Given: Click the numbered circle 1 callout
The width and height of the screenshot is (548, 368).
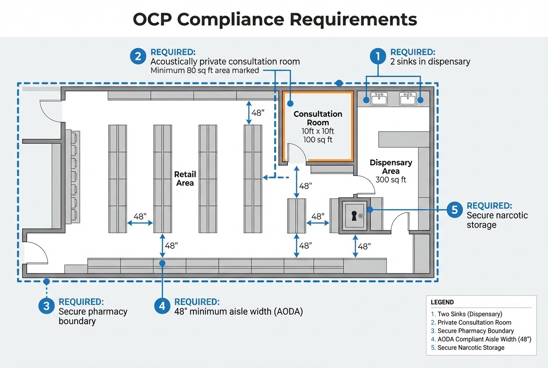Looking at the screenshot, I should point(378,56).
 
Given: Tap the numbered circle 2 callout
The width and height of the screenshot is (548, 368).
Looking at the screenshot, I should point(138,56).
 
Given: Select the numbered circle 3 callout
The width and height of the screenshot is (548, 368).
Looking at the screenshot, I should point(46,306).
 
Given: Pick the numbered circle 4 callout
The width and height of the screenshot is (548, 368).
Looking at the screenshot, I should point(162,306).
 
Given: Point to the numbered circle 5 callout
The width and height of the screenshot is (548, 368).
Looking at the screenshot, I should point(455,210).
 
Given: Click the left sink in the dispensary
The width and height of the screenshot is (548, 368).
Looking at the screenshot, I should point(379,99).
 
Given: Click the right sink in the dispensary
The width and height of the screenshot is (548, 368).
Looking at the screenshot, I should point(408,99).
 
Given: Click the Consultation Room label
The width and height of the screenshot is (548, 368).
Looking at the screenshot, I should point(318,118).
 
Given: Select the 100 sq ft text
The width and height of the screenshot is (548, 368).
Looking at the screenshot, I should point(318,140).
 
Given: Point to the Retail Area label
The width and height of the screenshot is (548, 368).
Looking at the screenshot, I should point(185,178).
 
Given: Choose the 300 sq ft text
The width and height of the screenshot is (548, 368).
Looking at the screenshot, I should point(391,180).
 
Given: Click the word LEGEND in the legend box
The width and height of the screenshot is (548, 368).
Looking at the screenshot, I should point(442,302).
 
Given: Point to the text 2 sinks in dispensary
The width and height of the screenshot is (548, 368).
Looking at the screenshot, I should point(430,62).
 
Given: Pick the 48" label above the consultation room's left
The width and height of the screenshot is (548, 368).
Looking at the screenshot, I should point(258,113).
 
